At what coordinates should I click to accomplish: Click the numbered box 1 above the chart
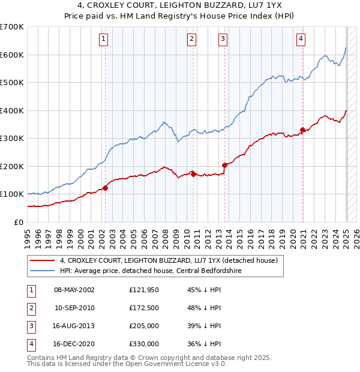(x=104, y=40)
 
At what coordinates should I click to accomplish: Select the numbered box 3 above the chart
(x=223, y=40)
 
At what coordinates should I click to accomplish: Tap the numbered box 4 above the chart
(x=301, y=40)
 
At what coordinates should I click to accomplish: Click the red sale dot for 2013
(x=224, y=165)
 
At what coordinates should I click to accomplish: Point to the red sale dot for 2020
(x=302, y=130)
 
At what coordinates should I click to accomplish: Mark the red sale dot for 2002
(x=105, y=188)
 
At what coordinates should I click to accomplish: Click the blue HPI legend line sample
(x=42, y=271)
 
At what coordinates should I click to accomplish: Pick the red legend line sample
(x=42, y=261)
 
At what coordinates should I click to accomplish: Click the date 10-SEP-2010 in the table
(x=74, y=308)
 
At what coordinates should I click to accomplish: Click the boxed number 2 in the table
(x=31, y=308)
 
